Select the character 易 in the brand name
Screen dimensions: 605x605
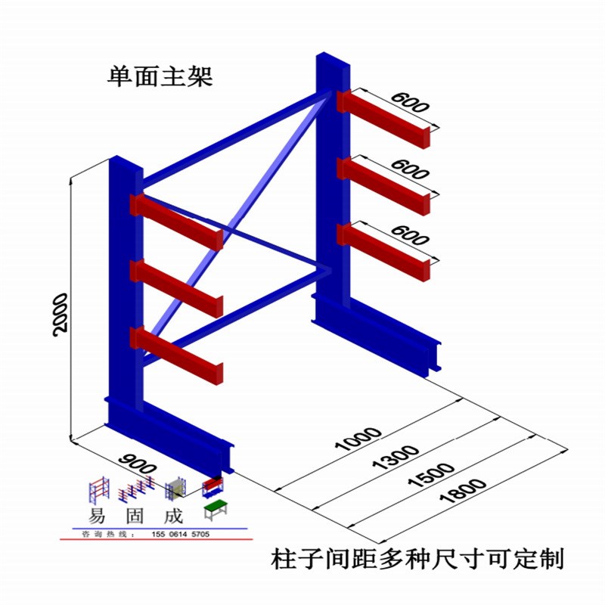pos(97,518)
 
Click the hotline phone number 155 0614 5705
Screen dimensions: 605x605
pos(181,535)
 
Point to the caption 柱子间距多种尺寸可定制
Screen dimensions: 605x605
pos(417,560)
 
